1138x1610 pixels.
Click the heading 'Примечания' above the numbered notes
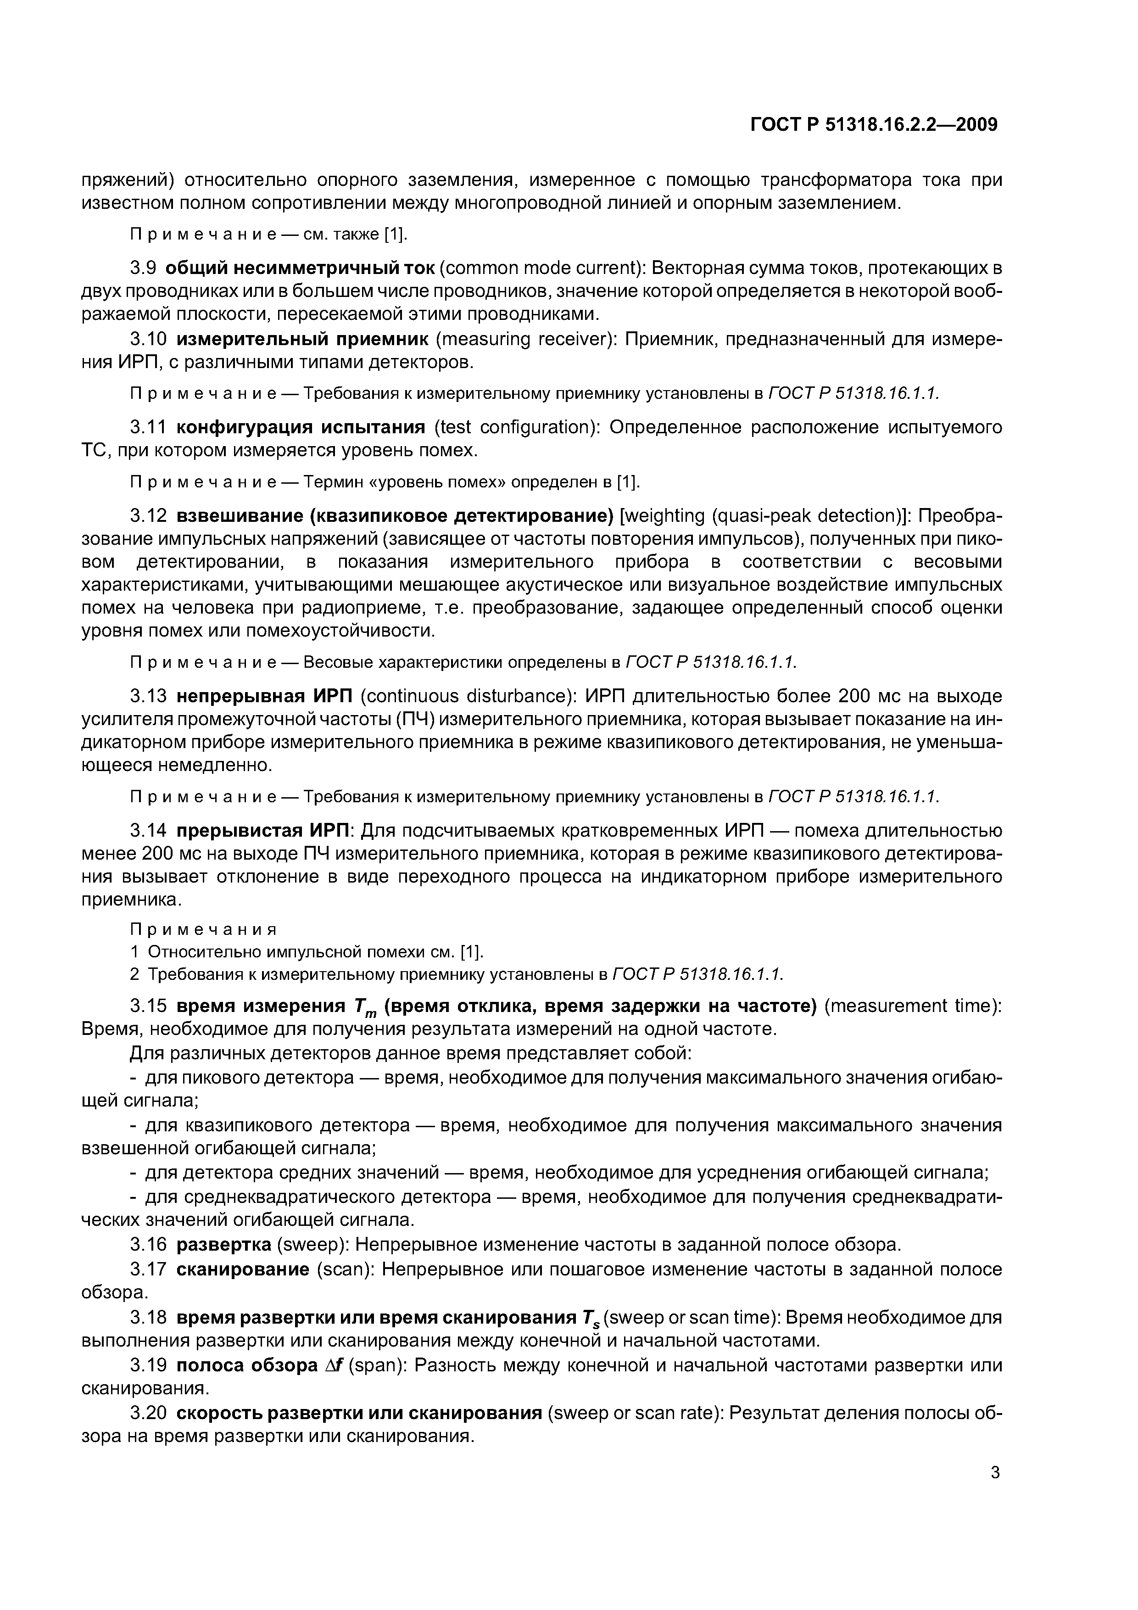[203, 930]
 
